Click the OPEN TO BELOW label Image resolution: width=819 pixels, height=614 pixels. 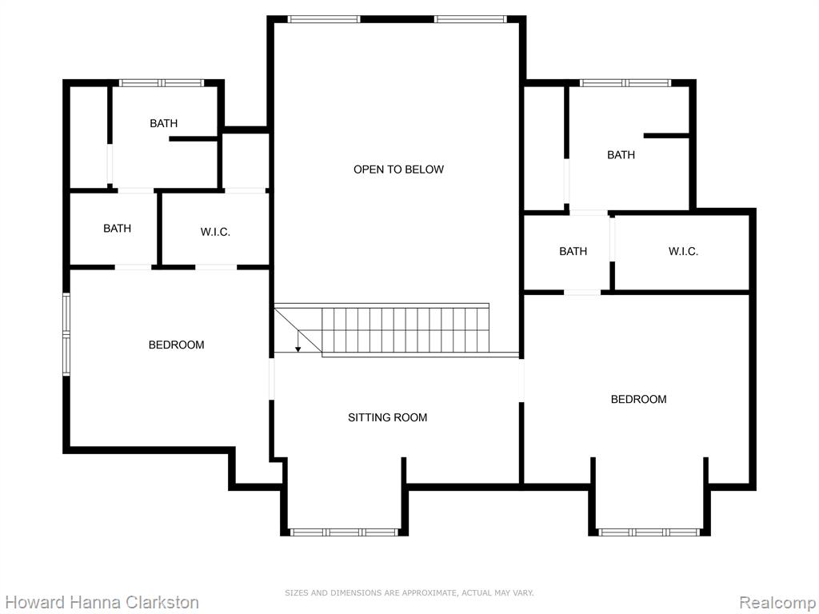pyautogui.click(x=398, y=169)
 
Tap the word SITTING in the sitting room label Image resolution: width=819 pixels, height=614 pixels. pyautogui.click(x=368, y=417)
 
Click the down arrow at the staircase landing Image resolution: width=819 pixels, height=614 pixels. pyautogui.click(x=298, y=341)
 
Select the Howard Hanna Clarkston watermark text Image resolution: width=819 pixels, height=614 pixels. pyautogui.click(x=102, y=602)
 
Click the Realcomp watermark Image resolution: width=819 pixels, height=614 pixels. pyautogui.click(x=778, y=602)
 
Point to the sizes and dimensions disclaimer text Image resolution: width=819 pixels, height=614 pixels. pyautogui.click(x=409, y=592)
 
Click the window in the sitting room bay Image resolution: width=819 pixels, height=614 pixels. pyautogui.click(x=344, y=532)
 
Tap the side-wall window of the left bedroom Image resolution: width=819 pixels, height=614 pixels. pyautogui.click(x=66, y=334)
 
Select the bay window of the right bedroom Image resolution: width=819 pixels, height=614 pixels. pyautogui.click(x=649, y=532)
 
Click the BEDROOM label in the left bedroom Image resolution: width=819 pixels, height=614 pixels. pyautogui.click(x=177, y=345)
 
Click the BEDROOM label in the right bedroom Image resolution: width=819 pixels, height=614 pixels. pyautogui.click(x=639, y=399)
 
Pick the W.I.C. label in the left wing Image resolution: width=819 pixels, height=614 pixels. pyautogui.click(x=215, y=232)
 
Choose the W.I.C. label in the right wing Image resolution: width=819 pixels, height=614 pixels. pyautogui.click(x=683, y=251)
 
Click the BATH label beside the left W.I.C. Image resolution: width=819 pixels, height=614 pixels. pyautogui.click(x=117, y=228)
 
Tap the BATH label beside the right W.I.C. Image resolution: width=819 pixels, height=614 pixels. pyautogui.click(x=573, y=251)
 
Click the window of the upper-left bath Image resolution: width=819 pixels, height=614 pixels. pyautogui.click(x=162, y=82)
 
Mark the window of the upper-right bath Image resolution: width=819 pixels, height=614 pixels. pyautogui.click(x=625, y=82)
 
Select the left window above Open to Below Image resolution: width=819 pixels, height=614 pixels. pyautogui.click(x=324, y=19)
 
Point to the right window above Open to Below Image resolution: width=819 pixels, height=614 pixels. pyautogui.click(x=470, y=19)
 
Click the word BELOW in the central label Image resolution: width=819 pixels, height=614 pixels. pyautogui.click(x=426, y=169)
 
